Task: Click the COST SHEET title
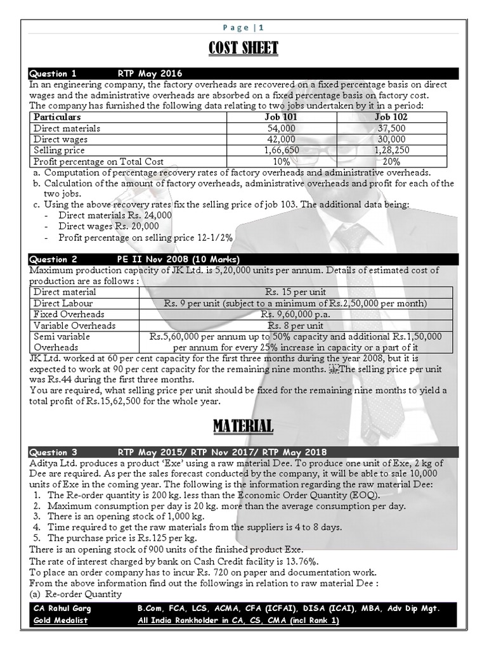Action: (x=243, y=48)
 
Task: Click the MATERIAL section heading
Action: (x=243, y=426)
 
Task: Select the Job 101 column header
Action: (x=280, y=117)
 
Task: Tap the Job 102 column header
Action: (x=391, y=117)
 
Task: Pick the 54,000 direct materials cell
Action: (x=280, y=129)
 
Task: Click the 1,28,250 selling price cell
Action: (x=391, y=150)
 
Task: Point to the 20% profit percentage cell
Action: (x=391, y=162)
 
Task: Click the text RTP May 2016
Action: (x=150, y=74)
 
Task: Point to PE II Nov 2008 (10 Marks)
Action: (x=178, y=259)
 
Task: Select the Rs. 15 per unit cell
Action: (x=296, y=292)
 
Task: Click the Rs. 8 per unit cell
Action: (x=296, y=325)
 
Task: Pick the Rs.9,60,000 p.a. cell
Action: (x=296, y=314)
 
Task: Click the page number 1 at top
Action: (x=261, y=27)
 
